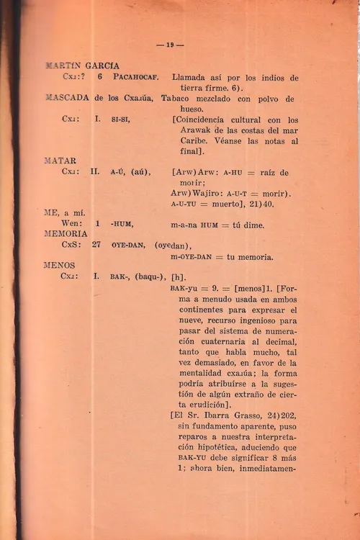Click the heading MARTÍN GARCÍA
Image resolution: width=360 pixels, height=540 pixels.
pyautogui.click(x=82, y=65)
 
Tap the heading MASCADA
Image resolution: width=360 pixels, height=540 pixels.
pyautogui.click(x=67, y=98)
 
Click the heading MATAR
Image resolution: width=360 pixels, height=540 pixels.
pyautogui.click(x=60, y=161)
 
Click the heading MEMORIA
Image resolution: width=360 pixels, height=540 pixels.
pyautogui.click(x=66, y=234)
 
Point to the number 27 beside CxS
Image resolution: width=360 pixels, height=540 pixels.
pyautogui.click(x=96, y=245)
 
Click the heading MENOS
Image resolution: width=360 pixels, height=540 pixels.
pyautogui.click(x=60, y=266)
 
